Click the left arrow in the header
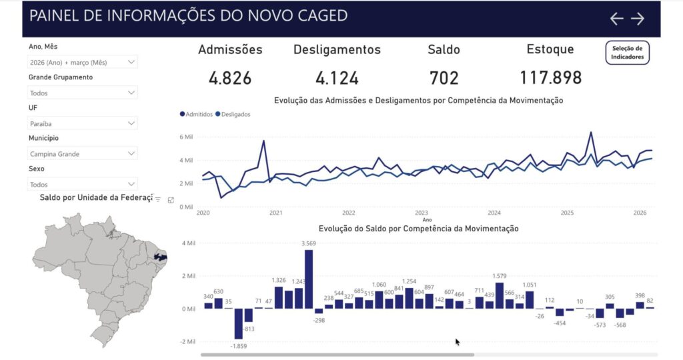pyautogui.click(x=617, y=19)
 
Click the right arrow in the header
pyautogui.click(x=638, y=19)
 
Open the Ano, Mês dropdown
pyautogui.click(x=83, y=62)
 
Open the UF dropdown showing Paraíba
pyautogui.click(x=83, y=123)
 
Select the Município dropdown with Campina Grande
pyautogui.click(x=83, y=154)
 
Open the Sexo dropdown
pyautogui.click(x=83, y=184)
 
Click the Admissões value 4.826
pyautogui.click(x=230, y=78)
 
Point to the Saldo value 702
pyautogui.click(x=444, y=78)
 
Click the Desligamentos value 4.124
pyautogui.click(x=337, y=78)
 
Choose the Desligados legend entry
pyautogui.click(x=234, y=115)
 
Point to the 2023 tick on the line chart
pyautogui.click(x=421, y=213)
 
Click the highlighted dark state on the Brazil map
pyautogui.click(x=159, y=256)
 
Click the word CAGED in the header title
pyautogui.click(x=316, y=16)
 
